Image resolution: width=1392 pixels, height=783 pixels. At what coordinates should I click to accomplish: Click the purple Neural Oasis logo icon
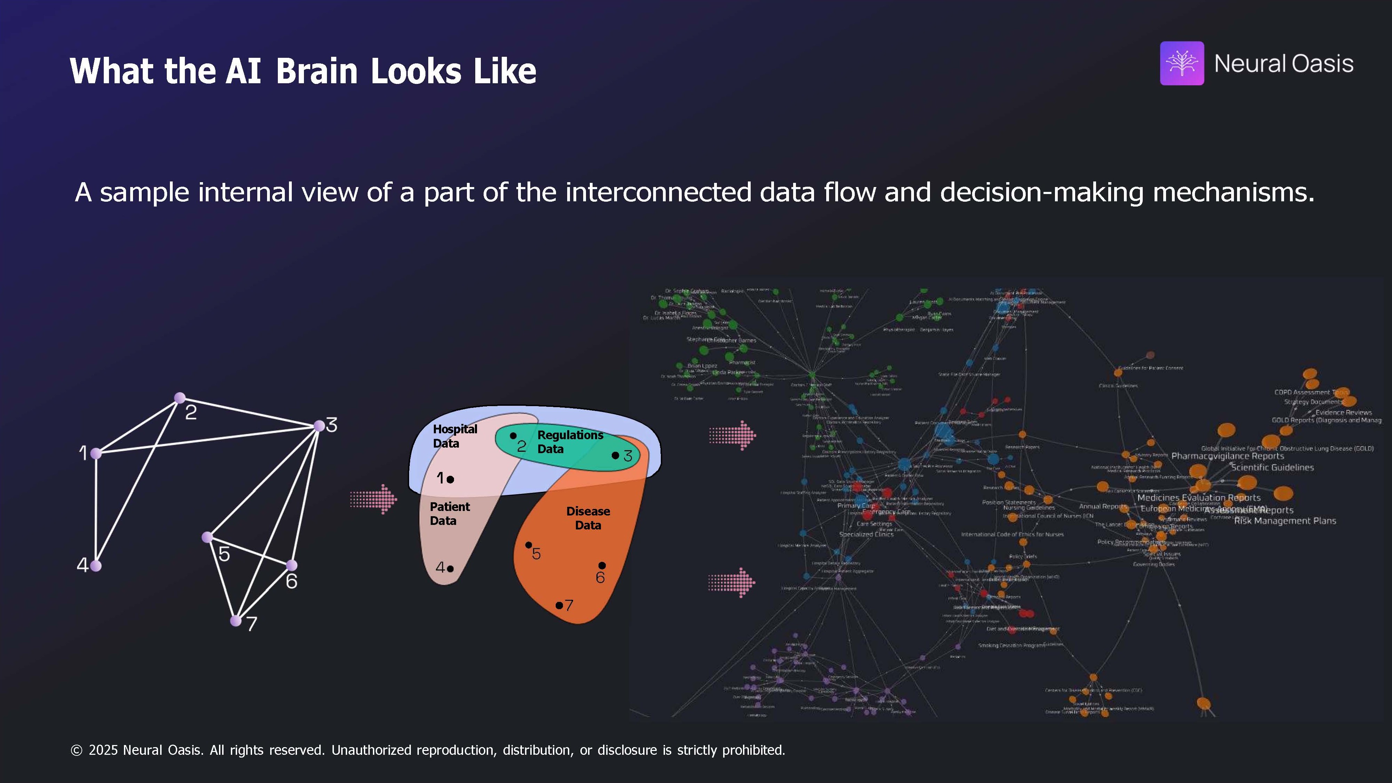tap(1181, 63)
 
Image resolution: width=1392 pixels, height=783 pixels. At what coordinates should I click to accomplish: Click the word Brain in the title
tap(316, 71)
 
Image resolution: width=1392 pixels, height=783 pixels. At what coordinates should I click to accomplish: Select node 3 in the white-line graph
tap(319, 426)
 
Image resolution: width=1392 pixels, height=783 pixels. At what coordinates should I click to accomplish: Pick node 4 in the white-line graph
tap(96, 566)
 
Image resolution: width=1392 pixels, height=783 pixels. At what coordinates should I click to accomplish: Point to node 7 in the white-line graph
tap(236, 621)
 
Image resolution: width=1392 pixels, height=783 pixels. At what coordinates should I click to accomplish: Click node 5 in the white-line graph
tap(207, 537)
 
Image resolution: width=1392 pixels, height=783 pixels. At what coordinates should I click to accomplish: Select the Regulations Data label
tap(570, 442)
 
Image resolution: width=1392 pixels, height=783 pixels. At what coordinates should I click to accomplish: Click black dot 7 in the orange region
tap(559, 605)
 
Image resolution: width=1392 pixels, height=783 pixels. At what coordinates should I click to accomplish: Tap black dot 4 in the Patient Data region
tap(450, 568)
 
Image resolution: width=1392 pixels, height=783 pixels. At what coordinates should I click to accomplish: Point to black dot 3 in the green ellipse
tap(615, 455)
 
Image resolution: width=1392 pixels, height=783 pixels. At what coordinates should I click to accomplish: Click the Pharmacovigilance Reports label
tap(1227, 456)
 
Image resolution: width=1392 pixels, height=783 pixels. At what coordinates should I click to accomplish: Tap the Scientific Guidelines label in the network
tap(1272, 467)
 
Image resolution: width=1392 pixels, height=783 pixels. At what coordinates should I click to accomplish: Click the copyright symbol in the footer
tap(76, 750)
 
